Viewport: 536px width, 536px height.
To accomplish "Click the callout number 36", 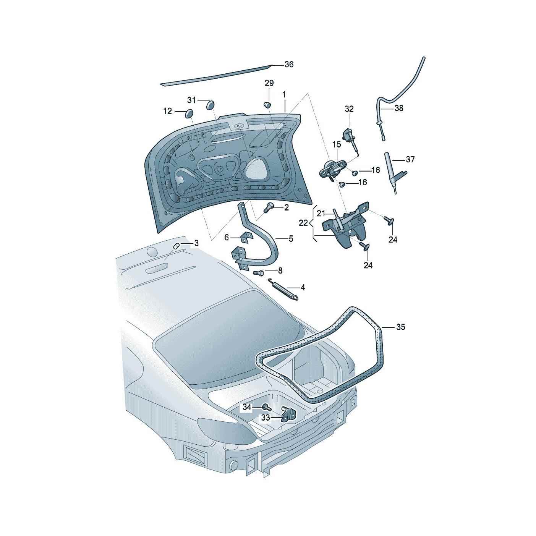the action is coord(289,65).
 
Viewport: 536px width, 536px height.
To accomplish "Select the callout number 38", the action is coord(399,108).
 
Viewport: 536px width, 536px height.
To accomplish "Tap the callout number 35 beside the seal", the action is coord(400,327).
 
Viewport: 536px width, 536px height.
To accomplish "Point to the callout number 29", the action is coord(269,83).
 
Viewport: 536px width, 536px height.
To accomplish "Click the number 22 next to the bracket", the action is coord(303,223).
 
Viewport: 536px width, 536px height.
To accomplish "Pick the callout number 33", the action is coord(266,418).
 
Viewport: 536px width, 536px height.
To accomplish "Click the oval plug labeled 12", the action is coord(189,113).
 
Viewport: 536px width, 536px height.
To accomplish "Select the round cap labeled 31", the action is coord(210,105).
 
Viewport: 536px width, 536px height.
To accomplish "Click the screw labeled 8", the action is coord(258,272).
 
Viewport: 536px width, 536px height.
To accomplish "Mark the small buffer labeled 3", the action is coord(177,246).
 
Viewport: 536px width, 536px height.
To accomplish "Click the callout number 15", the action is coord(337,144).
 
